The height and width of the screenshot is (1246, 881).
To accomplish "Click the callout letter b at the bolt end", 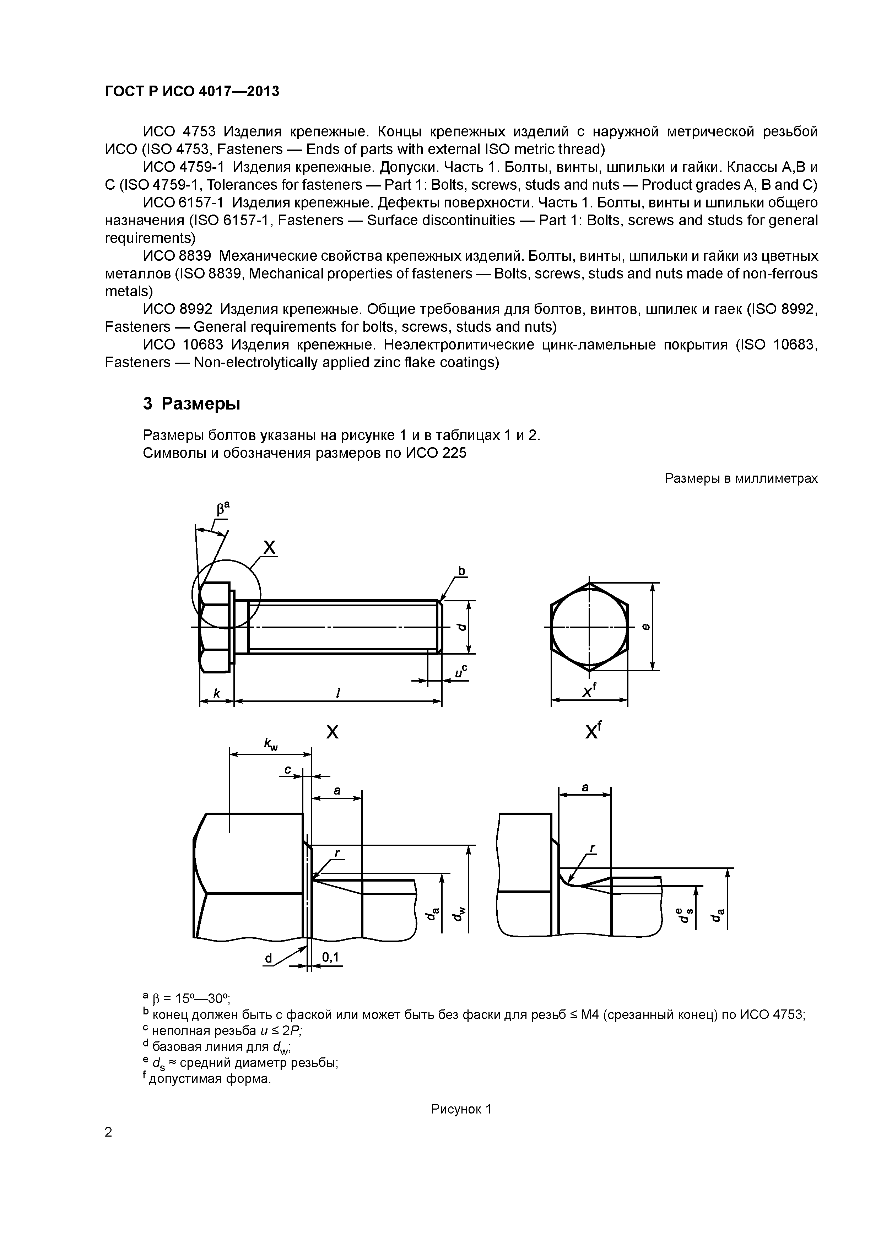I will point(462,571).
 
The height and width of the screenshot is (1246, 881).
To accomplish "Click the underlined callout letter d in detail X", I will point(268,959).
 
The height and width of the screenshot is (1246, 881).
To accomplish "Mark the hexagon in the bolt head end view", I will point(589,627).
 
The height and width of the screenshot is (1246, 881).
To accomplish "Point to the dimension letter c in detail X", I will point(288,770).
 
